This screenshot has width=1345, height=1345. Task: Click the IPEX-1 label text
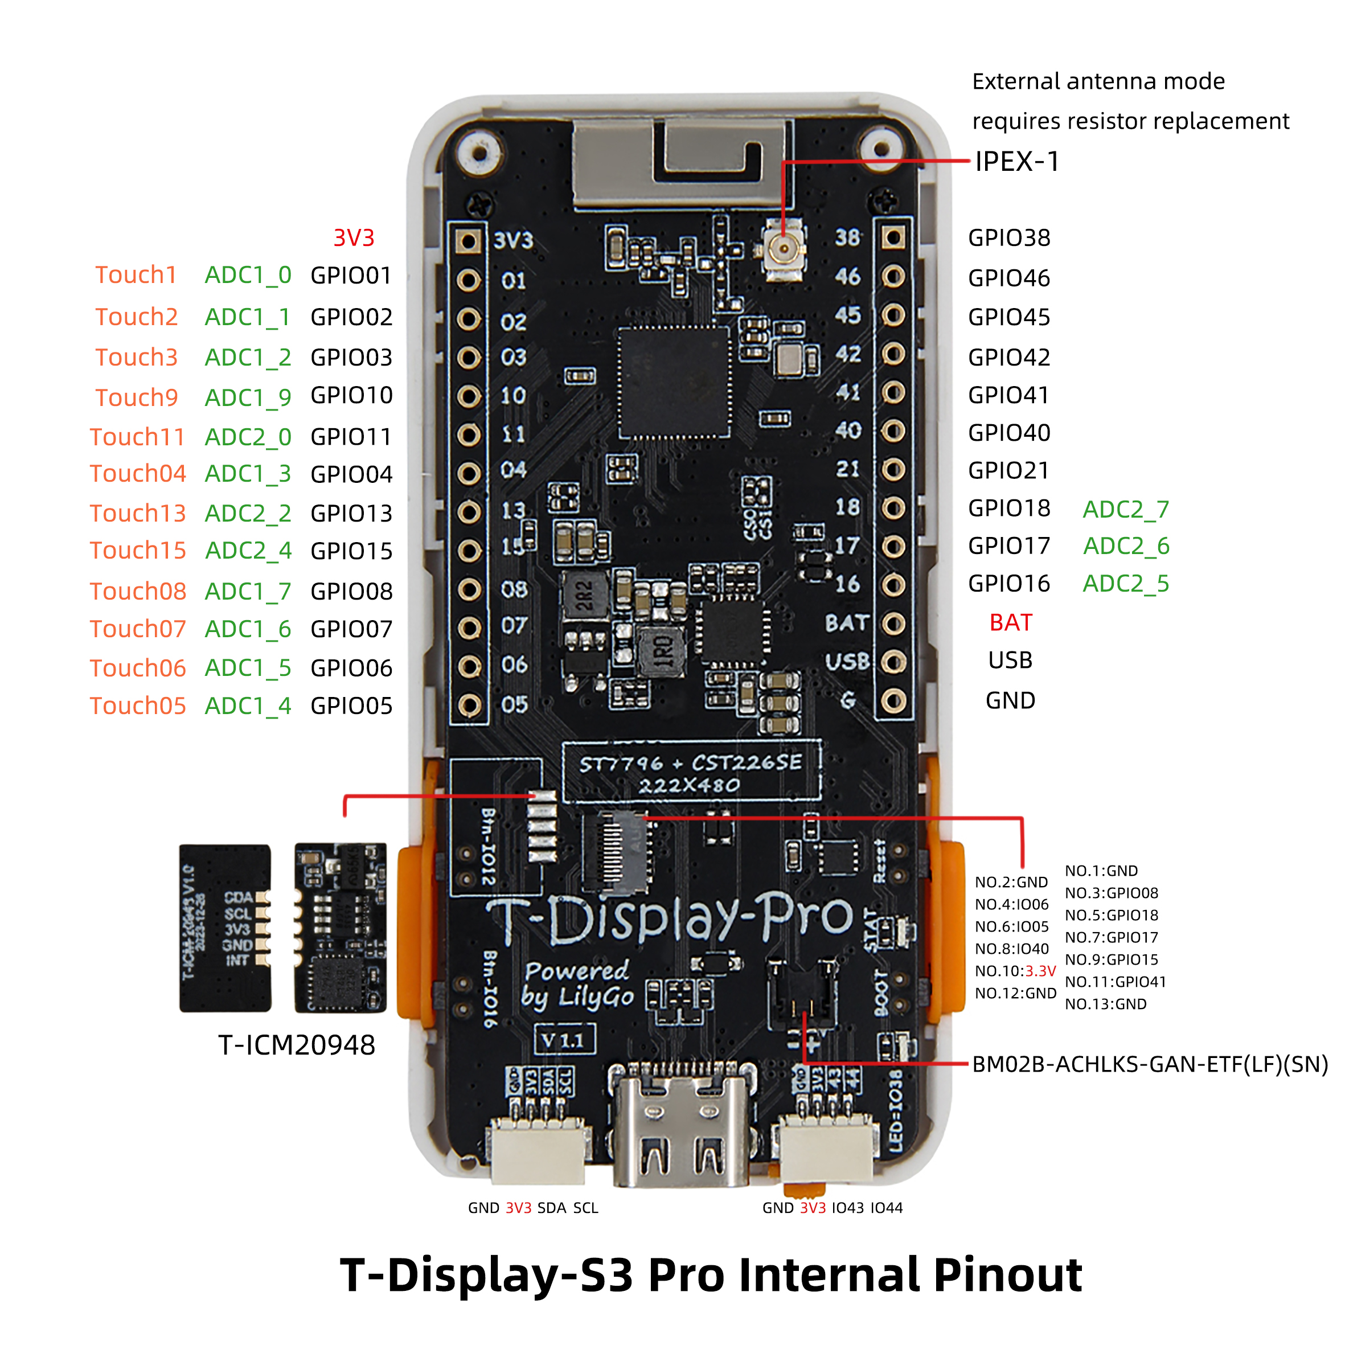1016,162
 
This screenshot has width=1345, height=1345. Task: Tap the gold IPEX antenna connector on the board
785,248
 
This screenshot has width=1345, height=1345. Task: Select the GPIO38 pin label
1009,238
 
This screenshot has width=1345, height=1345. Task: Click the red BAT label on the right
1010,622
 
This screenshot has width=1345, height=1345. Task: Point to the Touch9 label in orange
137,397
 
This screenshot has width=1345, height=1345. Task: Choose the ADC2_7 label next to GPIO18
1126,510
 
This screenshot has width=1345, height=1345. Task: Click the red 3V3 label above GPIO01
354,238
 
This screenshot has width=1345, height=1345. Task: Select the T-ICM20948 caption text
297,1045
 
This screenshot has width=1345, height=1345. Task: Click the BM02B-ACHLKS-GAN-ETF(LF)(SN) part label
1149,1064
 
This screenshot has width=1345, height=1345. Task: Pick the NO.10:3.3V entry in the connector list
1015,971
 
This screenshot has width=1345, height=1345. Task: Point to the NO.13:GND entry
1105,1004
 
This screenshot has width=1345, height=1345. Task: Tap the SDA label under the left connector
551,1208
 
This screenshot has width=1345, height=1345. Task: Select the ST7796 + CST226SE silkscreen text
691,764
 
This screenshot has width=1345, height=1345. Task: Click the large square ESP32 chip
674,383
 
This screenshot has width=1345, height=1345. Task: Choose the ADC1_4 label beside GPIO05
248,706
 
